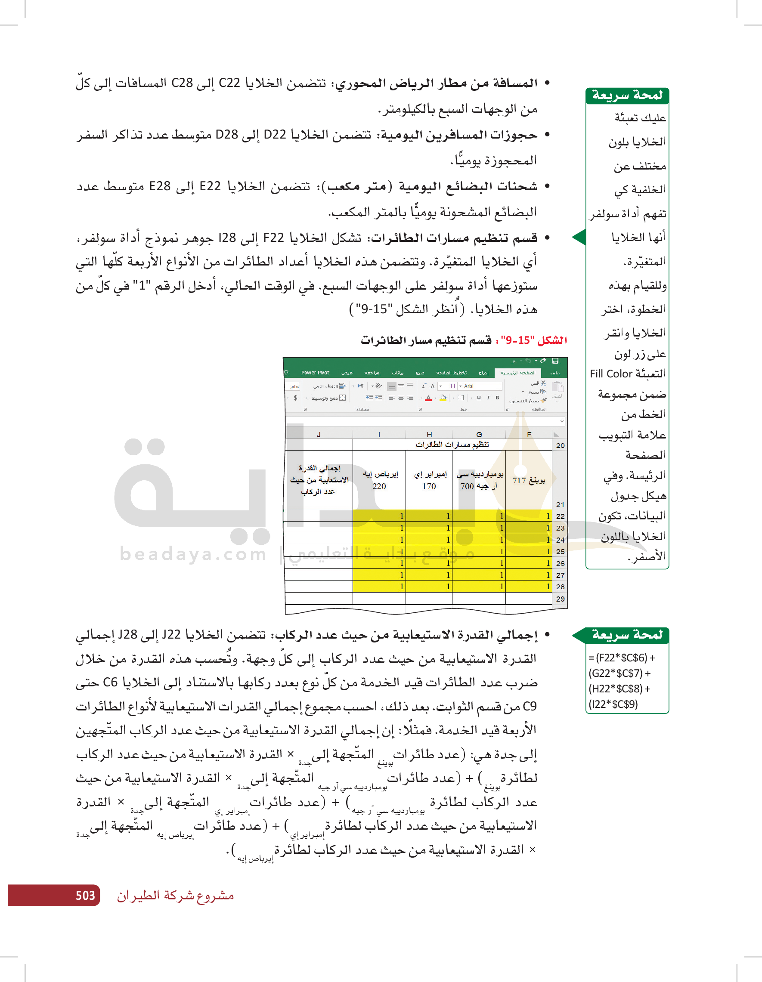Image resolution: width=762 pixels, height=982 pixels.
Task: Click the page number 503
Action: (85, 895)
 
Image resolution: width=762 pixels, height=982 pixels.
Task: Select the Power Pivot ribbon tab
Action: (315, 373)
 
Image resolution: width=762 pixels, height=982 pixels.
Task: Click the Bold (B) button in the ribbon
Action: (497, 398)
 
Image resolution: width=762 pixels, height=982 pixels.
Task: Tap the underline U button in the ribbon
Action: (479, 398)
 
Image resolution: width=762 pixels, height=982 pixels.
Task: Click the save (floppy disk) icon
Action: (555, 361)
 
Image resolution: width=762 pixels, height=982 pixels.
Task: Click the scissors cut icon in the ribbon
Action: (543, 383)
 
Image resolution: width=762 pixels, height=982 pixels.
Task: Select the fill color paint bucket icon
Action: (443, 398)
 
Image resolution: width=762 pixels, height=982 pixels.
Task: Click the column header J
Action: (319, 435)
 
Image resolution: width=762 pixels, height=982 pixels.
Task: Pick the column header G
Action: (479, 435)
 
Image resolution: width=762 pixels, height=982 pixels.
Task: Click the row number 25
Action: (560, 552)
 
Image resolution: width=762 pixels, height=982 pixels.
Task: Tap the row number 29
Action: (560, 599)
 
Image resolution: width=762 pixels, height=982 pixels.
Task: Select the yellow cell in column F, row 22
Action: (529, 516)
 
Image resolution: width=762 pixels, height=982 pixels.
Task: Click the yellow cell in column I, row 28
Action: (379, 587)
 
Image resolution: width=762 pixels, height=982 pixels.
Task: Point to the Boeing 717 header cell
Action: (529, 481)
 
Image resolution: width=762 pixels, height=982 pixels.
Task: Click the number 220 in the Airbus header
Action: (379, 487)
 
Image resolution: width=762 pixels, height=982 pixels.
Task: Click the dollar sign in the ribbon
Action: (295, 398)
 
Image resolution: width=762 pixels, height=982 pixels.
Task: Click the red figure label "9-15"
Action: (514, 340)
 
